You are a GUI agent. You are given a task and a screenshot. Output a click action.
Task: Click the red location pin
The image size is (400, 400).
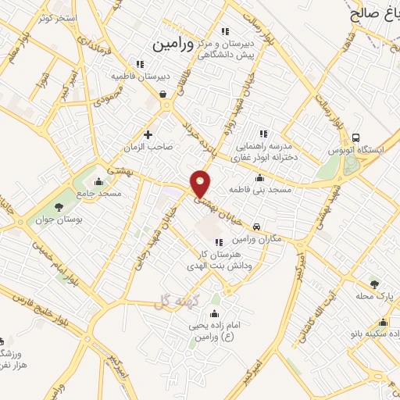tap(202, 183)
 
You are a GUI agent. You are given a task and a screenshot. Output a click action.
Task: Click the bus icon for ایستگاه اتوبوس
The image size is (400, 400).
tap(356, 138)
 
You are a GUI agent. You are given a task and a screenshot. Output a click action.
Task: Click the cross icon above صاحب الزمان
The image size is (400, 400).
tap(148, 134)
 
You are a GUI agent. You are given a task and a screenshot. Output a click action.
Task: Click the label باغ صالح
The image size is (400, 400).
tap(372, 13)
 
